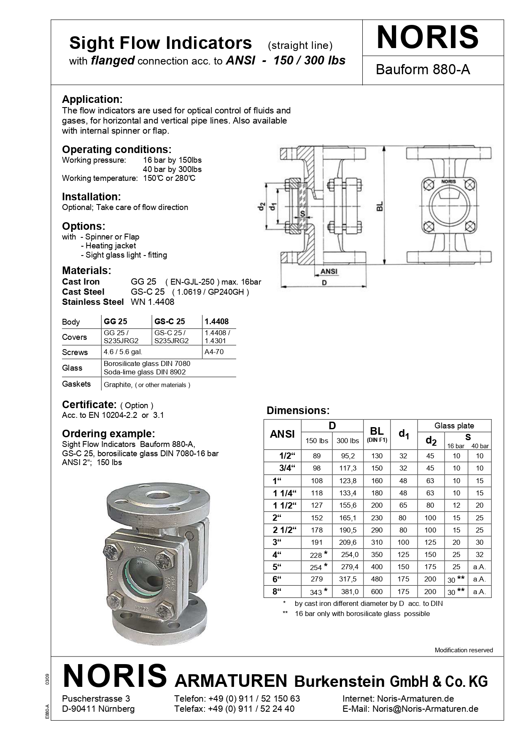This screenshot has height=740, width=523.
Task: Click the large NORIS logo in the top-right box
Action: (x=427, y=37)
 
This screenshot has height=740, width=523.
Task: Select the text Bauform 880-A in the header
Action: (x=423, y=70)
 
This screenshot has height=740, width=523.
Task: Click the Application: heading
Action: (x=92, y=100)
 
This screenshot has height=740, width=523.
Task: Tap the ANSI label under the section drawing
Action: (x=329, y=271)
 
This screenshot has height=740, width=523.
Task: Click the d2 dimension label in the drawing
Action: (x=261, y=207)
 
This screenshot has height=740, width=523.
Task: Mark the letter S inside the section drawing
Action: (x=302, y=214)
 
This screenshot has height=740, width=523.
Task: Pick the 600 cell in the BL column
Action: (x=377, y=592)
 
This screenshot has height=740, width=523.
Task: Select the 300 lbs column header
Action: (x=348, y=441)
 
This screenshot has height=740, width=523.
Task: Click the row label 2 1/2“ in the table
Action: (x=285, y=530)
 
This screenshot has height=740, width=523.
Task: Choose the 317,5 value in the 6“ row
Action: (x=348, y=579)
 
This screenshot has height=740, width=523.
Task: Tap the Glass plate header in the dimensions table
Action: (x=454, y=426)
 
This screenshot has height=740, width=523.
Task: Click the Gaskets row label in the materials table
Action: (x=76, y=384)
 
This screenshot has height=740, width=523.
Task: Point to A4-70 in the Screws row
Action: (x=214, y=352)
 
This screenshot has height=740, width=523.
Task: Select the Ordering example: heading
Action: (x=108, y=433)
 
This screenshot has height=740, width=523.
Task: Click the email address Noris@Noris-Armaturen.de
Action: (x=425, y=709)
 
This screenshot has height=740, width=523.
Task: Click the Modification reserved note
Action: (x=464, y=650)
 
